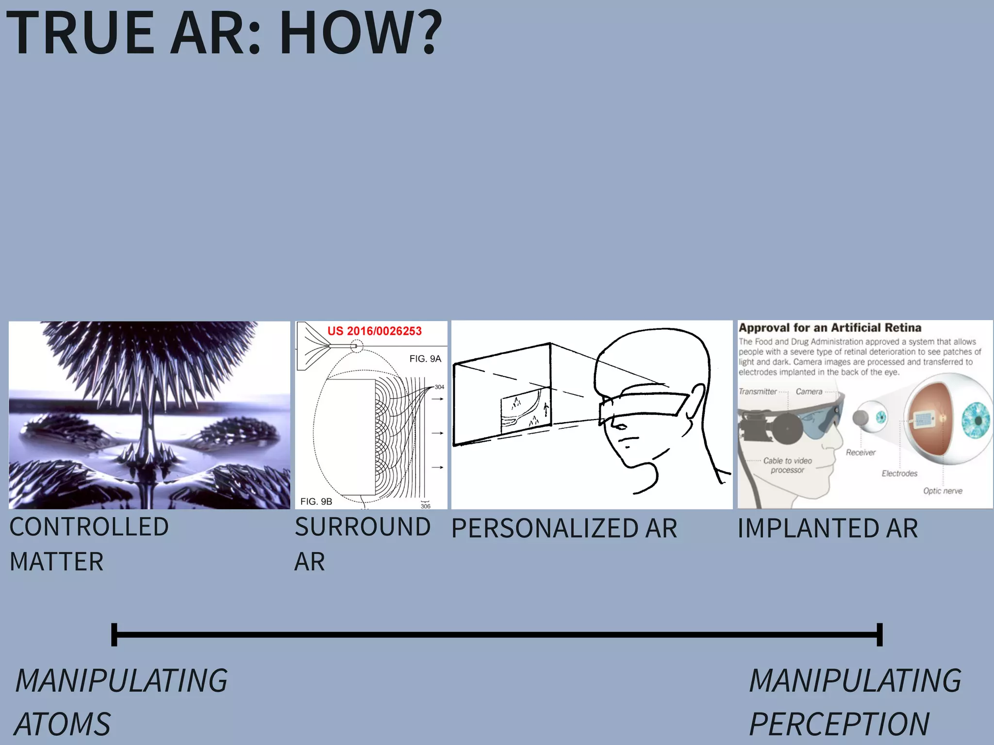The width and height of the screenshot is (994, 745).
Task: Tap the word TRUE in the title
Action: (x=81, y=33)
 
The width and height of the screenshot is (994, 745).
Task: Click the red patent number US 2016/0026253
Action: (x=374, y=331)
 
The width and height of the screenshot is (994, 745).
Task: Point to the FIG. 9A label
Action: (x=425, y=359)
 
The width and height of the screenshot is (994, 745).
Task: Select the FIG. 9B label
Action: (x=316, y=502)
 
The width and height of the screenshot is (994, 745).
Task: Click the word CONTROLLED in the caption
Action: (x=89, y=527)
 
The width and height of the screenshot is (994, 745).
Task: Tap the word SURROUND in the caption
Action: (x=363, y=527)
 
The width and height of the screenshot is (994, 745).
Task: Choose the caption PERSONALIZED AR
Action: (x=564, y=529)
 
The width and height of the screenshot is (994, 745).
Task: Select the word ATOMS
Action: (x=63, y=724)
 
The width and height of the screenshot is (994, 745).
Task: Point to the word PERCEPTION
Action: (x=839, y=724)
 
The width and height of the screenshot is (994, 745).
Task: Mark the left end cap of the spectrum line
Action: (x=115, y=634)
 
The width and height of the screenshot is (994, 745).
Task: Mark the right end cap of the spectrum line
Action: (x=879, y=634)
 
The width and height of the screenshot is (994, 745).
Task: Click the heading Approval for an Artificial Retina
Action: (x=830, y=328)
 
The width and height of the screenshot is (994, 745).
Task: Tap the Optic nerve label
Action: (x=943, y=491)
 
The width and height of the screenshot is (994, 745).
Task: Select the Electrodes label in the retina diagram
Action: (x=899, y=473)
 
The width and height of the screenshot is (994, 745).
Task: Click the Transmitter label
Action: (x=757, y=391)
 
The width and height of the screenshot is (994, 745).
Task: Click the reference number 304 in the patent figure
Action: (x=439, y=387)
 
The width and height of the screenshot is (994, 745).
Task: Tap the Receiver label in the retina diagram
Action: (x=861, y=453)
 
